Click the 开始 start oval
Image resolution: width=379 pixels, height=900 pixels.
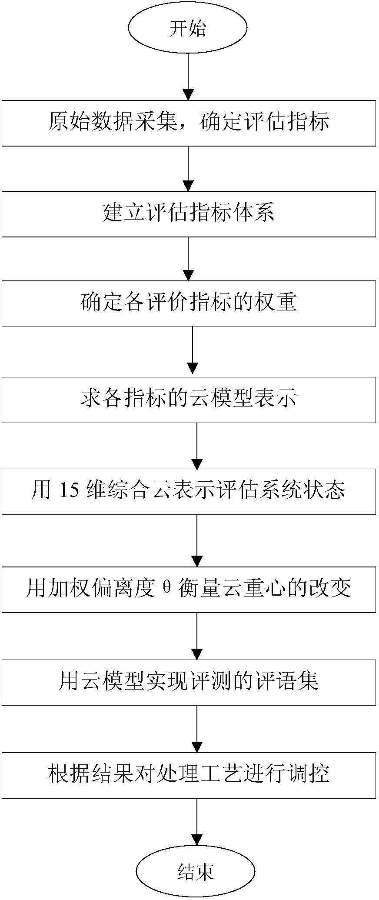[188, 29]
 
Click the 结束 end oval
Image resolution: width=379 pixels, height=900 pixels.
[196, 871]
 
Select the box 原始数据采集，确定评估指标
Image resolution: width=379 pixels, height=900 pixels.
[189, 123]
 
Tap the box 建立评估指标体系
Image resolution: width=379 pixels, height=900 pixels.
[189, 214]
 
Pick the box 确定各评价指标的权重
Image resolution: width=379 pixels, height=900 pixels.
[189, 303]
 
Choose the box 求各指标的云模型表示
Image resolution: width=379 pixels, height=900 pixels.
[189, 400]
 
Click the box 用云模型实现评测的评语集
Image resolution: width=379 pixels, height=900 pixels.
[189, 682]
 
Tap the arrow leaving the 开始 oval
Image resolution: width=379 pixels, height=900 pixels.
[188, 77]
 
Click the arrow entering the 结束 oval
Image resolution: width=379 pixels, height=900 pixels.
[197, 822]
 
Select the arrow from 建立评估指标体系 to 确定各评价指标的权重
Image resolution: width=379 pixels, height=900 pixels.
[188, 259]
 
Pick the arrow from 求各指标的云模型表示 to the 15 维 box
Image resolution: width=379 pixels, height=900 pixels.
[197, 446]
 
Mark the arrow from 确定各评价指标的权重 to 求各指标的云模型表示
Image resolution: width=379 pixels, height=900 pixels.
[192, 352]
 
